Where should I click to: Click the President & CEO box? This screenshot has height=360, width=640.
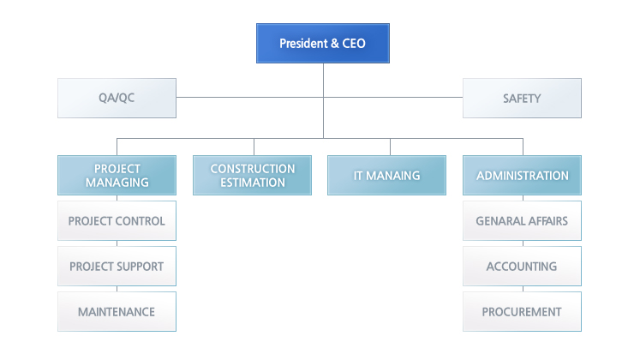point(323,43)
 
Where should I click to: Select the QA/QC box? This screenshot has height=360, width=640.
point(117,98)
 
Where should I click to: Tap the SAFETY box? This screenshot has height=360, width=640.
point(522,98)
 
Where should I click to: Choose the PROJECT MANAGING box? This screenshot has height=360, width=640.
point(117,175)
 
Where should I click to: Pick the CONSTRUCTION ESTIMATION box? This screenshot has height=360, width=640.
point(252,175)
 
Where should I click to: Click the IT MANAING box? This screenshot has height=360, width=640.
point(386,175)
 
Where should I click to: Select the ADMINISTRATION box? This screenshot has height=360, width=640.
point(522,175)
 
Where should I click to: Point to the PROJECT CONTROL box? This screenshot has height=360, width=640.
point(117,220)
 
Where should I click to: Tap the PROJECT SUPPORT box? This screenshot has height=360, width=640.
point(117,266)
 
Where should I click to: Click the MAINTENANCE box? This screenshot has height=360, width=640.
point(117,311)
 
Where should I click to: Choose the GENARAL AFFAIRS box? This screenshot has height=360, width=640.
point(522,220)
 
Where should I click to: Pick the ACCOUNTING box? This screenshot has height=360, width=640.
point(522,266)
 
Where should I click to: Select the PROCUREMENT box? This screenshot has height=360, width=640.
point(522,311)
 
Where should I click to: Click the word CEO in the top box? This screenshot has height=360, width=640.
point(354,43)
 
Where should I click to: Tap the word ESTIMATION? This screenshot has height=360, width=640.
point(253,183)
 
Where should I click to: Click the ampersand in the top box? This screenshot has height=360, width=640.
point(335,43)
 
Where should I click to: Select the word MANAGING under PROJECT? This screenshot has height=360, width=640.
point(117,183)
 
